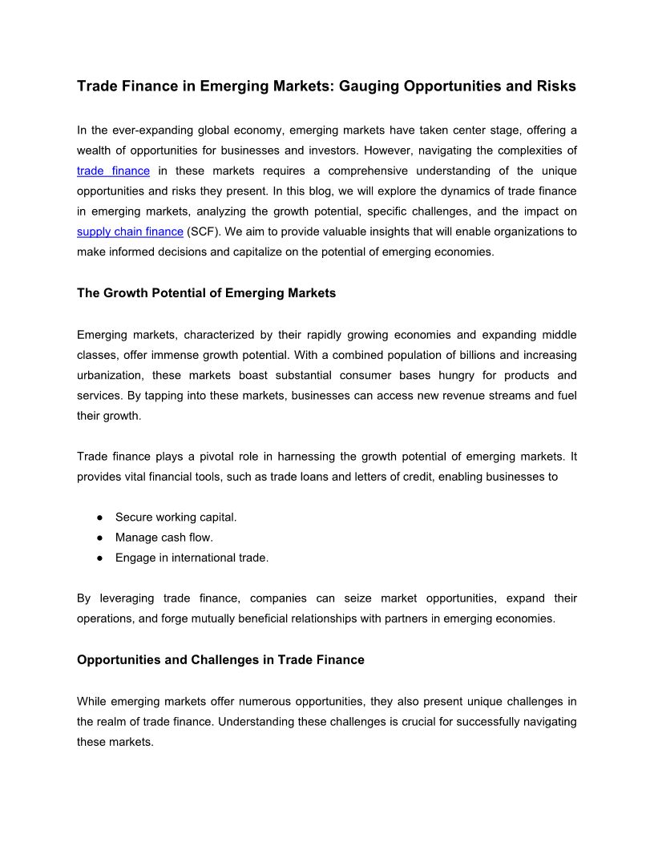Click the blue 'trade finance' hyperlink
click(113, 171)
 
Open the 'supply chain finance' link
click(130, 232)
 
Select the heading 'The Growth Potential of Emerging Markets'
click(206, 293)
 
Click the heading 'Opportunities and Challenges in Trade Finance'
click(220, 660)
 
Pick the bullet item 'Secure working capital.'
click(176, 517)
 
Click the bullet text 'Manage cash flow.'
click(163, 538)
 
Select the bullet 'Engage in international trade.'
click(192, 558)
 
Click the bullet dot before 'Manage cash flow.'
click(99, 538)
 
